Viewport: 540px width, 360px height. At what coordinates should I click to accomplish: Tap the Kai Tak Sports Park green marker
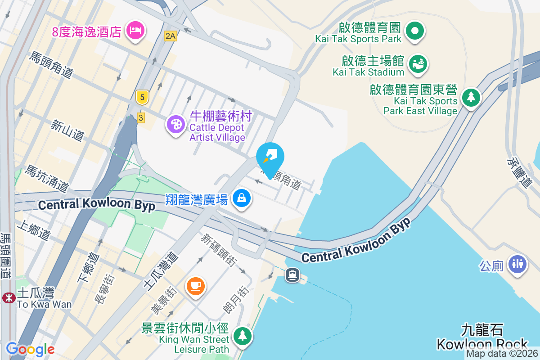pos(415,31)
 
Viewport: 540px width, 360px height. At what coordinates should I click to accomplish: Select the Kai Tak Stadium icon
pos(418,64)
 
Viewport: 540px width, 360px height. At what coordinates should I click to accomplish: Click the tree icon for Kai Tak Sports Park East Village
pos(471,97)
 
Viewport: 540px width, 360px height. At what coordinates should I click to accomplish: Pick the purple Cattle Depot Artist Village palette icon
pos(175,124)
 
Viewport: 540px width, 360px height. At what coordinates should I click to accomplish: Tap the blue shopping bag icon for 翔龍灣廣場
pos(242,198)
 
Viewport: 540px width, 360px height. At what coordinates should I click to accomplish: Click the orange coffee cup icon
pos(195,285)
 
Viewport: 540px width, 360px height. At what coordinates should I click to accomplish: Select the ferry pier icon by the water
pos(292,274)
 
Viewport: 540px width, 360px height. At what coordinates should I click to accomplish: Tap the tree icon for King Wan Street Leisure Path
pos(243,336)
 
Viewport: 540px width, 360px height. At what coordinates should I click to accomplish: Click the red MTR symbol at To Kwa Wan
pos(8,297)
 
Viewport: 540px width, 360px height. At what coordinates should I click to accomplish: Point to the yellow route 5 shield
pos(142,97)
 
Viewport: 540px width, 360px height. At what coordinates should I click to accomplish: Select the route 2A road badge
pos(170,36)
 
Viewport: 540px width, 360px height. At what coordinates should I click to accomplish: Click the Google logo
pos(30,349)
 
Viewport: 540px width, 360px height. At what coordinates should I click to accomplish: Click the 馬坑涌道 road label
pos(46,178)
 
